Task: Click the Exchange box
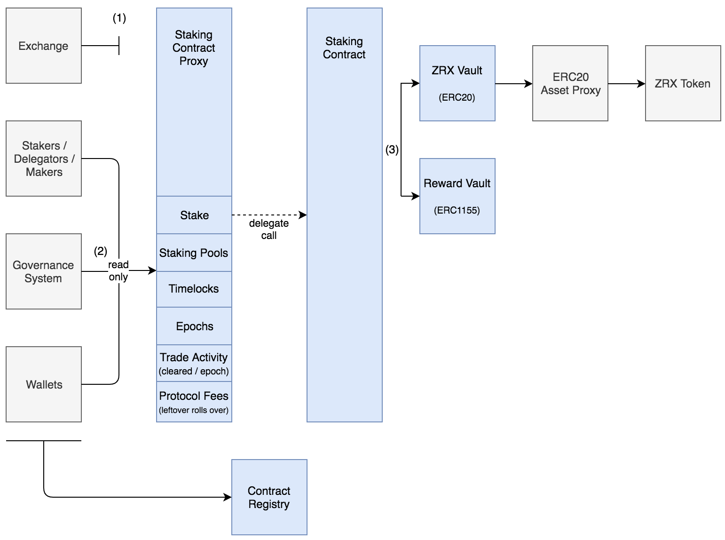(43, 46)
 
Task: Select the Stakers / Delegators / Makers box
(44, 159)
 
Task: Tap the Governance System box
(43, 271)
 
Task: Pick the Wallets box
(44, 384)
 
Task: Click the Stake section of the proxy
(194, 215)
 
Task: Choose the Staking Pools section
(194, 253)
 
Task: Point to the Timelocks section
(194, 289)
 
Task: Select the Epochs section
(194, 326)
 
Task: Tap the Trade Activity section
(194, 364)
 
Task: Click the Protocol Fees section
(194, 402)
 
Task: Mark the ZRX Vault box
(457, 83)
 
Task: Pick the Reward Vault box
(457, 196)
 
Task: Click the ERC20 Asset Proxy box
(570, 83)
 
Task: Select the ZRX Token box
(683, 83)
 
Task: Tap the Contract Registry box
(269, 497)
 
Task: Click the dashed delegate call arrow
(269, 215)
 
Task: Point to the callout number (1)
(119, 18)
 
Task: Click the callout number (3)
(392, 150)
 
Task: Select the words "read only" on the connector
(118, 271)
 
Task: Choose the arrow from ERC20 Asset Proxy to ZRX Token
(626, 84)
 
